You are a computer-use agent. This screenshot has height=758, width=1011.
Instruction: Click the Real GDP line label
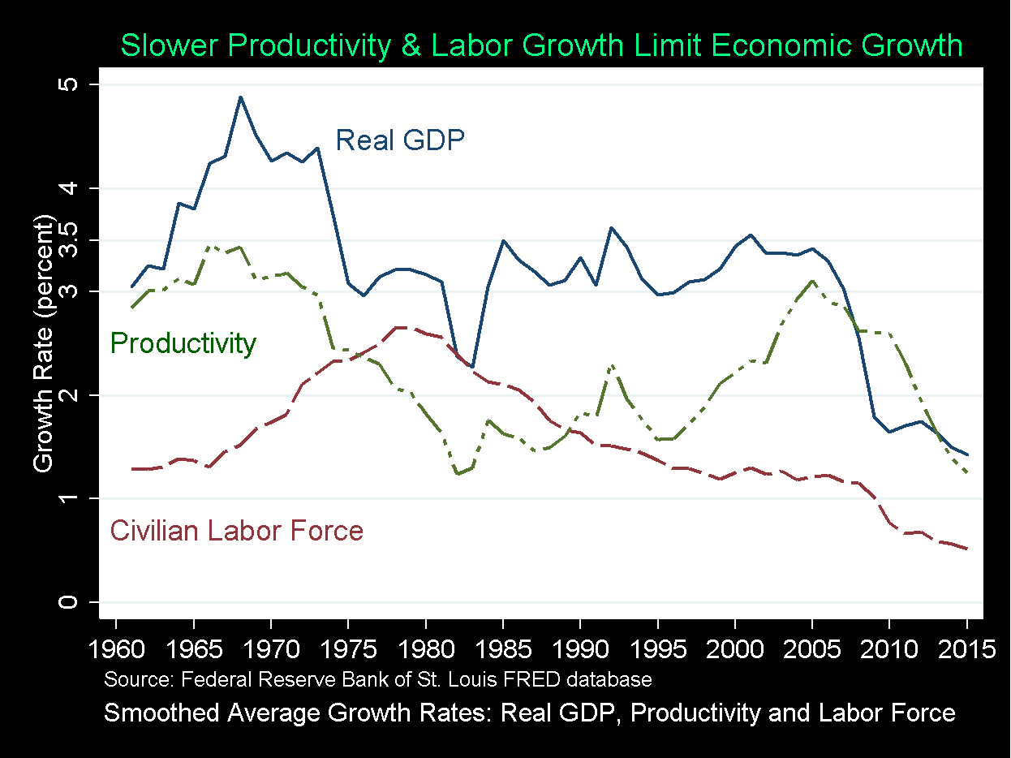tap(400, 140)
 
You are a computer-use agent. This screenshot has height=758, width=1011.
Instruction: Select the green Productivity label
tap(183, 343)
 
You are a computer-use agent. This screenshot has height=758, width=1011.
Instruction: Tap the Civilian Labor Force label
tap(236, 531)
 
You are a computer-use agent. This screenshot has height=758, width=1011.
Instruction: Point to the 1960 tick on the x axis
tap(116, 650)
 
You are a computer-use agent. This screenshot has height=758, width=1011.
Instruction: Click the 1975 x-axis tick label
tap(348, 650)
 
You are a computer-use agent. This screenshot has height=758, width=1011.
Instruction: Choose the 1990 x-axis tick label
tap(580, 650)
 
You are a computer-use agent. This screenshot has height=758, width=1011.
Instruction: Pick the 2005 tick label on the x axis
tap(812, 650)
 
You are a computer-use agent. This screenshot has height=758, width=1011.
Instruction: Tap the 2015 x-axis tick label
tap(966, 650)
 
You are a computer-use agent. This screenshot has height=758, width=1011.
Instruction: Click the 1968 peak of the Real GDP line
tap(240, 97)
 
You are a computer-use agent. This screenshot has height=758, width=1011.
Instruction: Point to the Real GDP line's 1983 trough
tap(472, 367)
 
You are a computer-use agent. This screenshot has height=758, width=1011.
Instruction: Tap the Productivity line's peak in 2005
tap(812, 281)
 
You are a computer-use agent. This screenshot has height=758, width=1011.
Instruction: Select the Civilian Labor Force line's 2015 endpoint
tap(966, 549)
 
